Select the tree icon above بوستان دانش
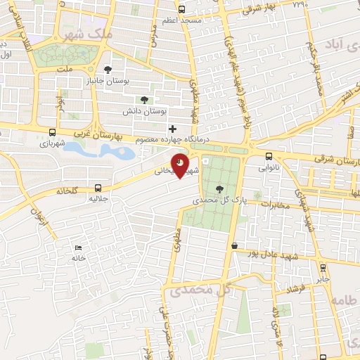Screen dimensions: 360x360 point(145,99)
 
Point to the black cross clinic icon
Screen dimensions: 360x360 point(172,129)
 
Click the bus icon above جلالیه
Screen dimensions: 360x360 point(98,188)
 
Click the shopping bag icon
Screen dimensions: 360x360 point(233,245)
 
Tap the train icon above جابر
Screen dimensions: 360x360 point(323,268)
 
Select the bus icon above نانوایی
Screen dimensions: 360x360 point(269,156)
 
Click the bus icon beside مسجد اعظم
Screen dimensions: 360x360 point(182,10)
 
